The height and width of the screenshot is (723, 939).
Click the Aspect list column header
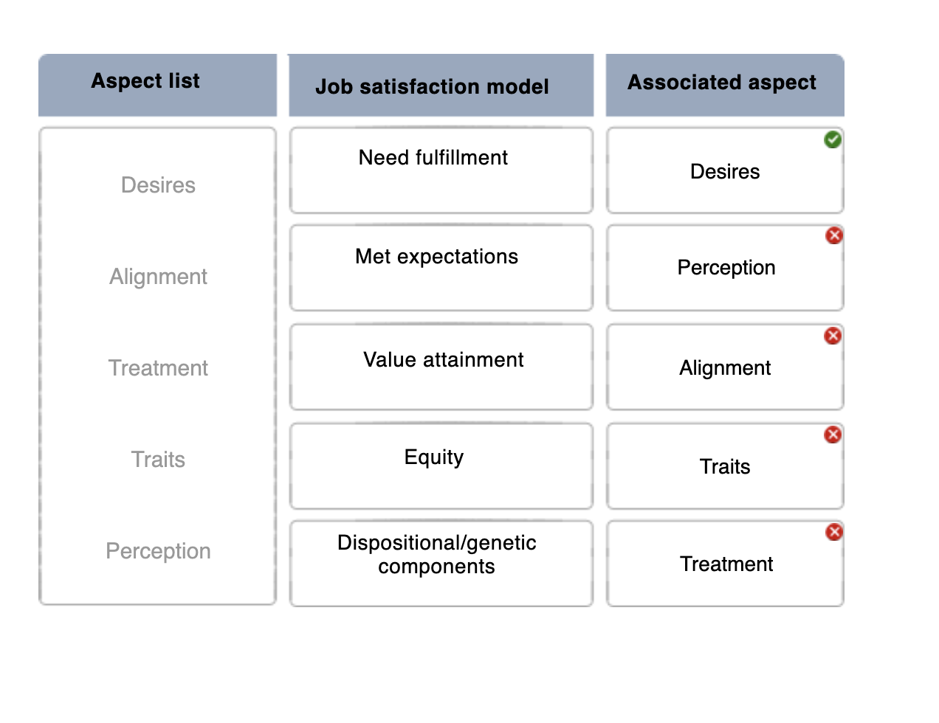coord(146,81)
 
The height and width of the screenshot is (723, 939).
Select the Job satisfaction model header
coord(433,86)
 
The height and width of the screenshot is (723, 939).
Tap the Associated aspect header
coord(722,83)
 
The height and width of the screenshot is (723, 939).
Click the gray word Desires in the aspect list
coord(158,185)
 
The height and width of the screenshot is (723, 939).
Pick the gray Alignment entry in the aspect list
coord(158,277)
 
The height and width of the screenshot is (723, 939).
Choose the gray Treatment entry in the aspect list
coord(158,368)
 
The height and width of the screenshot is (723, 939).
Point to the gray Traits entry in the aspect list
coord(158,460)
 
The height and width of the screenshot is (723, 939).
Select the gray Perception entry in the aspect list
coord(158,551)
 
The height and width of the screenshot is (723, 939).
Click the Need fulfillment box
coord(441,170)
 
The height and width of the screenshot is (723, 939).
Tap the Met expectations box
coord(441,268)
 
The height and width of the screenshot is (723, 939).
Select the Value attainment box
coord(441,367)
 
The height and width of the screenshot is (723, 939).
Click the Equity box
coord(441,466)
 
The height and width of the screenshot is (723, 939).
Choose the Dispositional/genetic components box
coord(441,563)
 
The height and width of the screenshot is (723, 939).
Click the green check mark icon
coord(833,139)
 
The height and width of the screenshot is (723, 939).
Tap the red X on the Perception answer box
coord(834,235)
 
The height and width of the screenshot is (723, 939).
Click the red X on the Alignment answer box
coord(833,336)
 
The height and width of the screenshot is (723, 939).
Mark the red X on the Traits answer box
coord(833,435)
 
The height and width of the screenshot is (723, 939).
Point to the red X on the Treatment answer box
coord(834,532)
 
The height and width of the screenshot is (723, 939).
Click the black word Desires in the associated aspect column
coord(725,172)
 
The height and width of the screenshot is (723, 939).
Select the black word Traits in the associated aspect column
coord(725,467)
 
